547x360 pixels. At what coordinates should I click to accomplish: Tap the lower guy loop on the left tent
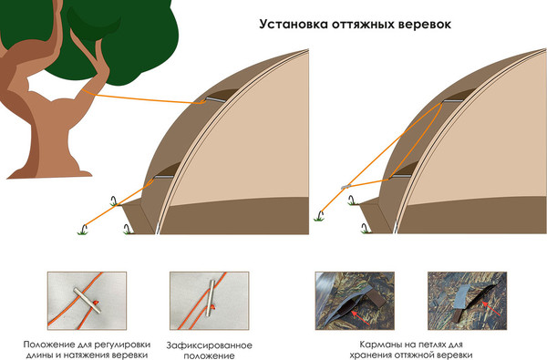click(x=165, y=171)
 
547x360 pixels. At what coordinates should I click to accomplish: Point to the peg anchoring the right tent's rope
click(x=320, y=216)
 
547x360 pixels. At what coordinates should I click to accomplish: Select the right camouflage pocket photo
click(x=470, y=300)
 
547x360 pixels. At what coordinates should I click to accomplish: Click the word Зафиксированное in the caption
click(x=209, y=345)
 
